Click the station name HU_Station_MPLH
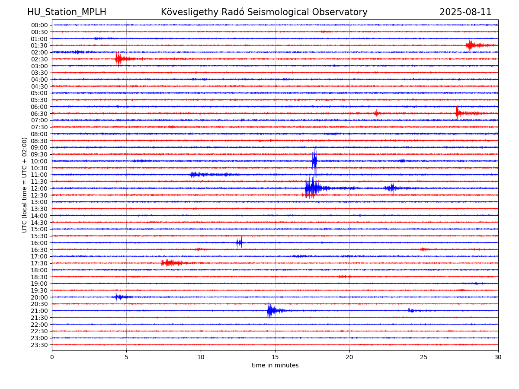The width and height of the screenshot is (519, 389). [67, 12]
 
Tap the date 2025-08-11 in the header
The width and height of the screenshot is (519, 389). [465, 12]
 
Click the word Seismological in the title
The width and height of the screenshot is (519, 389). [305, 12]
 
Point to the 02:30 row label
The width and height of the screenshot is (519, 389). [39, 59]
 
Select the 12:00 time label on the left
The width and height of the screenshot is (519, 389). [39, 188]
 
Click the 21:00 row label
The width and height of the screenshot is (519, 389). [39, 311]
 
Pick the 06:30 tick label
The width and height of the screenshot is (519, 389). [39, 114]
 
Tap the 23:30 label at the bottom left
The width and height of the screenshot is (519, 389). [39, 345]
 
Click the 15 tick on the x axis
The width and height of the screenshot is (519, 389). [275, 357]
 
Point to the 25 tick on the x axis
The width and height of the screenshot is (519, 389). [424, 357]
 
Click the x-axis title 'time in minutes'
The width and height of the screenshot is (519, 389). [275, 365]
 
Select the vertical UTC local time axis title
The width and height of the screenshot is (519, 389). [24, 185]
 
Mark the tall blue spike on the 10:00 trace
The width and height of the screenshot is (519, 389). [314, 161]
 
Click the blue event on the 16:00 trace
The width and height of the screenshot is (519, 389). [239, 242]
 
